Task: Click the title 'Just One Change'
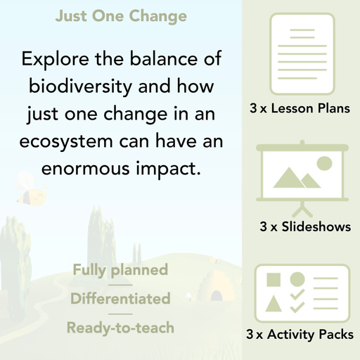coord(121,15)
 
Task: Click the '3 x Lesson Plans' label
coord(300,109)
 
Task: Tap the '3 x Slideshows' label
coord(305,226)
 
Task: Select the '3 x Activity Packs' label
coord(300,335)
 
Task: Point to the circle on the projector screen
coord(324,164)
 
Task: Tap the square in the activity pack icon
coord(274,279)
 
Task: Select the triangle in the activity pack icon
coord(274,304)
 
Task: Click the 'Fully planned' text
coord(120,269)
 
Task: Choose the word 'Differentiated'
coord(120,298)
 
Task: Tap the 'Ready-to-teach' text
coord(120,328)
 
